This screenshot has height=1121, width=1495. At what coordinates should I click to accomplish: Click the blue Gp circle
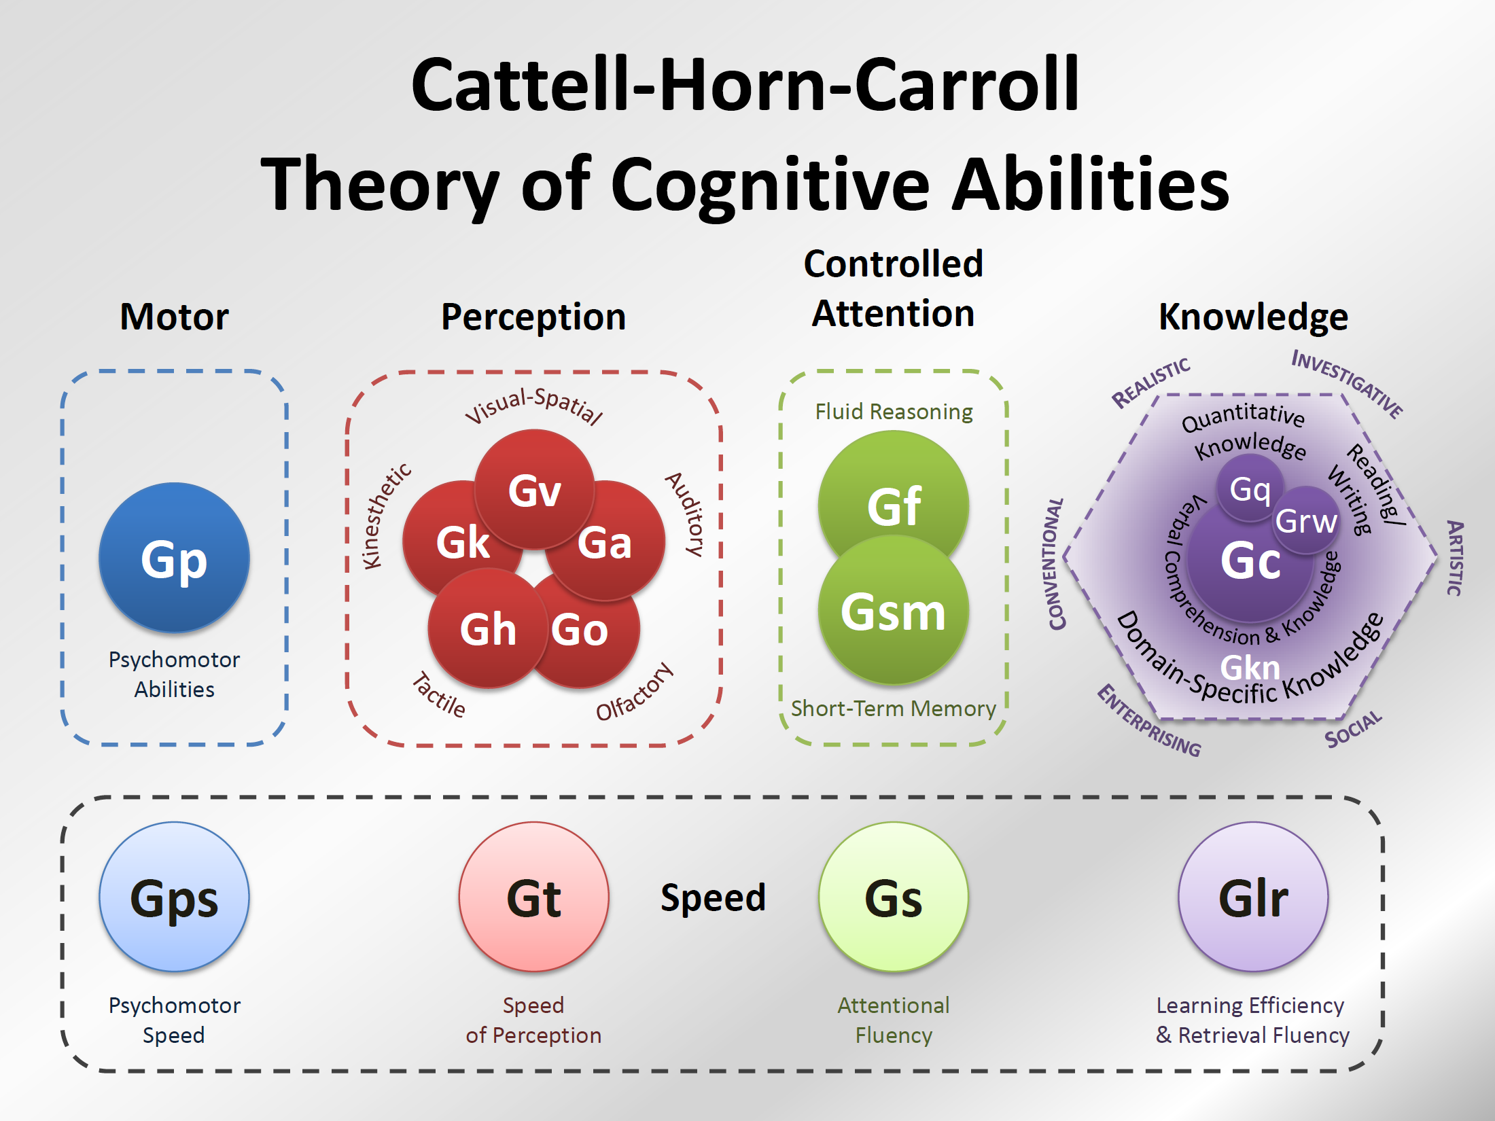pos(174,558)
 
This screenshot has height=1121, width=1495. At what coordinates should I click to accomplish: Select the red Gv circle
pos(534,489)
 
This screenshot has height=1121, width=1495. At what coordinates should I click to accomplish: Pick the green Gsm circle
pos(894,611)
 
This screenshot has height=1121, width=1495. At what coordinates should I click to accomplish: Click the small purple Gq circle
pos(1249,488)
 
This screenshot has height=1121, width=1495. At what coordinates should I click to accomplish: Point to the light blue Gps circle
pos(174,897)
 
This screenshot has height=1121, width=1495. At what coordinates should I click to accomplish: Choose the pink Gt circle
pos(533,897)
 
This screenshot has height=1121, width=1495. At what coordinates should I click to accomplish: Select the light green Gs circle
pos(894,897)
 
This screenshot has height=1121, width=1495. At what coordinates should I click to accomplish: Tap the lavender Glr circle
pos(1253,897)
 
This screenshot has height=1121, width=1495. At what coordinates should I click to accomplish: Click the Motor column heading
pos(174,317)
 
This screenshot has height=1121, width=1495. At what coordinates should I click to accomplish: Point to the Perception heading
pos(533,317)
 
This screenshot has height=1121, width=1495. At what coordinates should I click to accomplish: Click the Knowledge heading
pos(1253,317)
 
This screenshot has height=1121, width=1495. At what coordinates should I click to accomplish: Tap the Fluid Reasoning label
pos(894,412)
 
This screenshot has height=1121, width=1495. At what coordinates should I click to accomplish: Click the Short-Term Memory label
pos(894,709)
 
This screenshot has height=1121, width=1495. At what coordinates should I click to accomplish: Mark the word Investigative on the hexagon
pos(1347,382)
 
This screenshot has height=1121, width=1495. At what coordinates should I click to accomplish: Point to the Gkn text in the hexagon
pos(1250,667)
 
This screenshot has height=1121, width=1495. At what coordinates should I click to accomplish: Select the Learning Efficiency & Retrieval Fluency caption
pos(1252,1020)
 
